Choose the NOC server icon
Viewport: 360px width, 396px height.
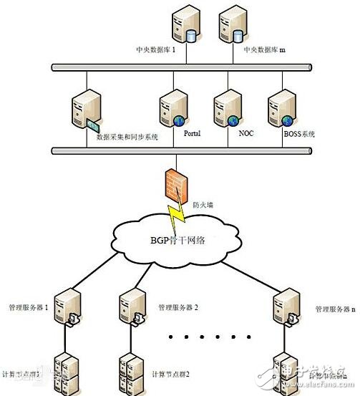(x=225, y=110)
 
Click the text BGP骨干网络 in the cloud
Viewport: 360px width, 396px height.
(x=177, y=241)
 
